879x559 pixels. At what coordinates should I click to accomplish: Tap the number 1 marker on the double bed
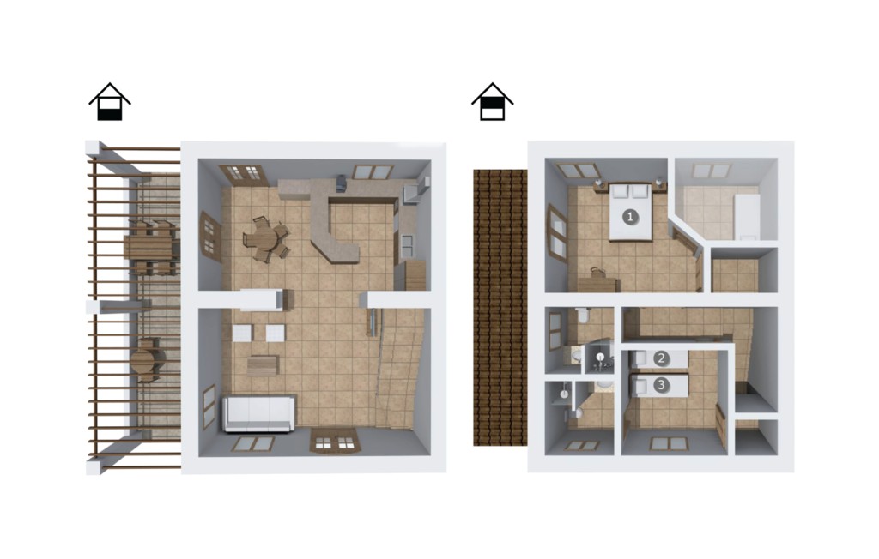[631, 217]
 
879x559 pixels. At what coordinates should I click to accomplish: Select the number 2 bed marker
[661, 358]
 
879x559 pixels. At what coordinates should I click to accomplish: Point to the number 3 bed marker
[662, 385]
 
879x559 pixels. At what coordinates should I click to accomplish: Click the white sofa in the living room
[259, 413]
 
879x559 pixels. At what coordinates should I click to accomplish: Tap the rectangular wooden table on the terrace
[150, 248]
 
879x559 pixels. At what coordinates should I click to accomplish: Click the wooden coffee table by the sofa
[263, 366]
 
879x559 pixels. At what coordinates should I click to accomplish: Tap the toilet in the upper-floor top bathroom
[583, 316]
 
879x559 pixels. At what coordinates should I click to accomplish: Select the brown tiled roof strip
[500, 308]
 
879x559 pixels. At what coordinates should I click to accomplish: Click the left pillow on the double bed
[620, 191]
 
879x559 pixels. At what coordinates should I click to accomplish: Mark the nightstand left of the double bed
[598, 186]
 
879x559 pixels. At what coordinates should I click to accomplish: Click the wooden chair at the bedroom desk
[596, 273]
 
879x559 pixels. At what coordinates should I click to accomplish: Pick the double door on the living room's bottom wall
[335, 442]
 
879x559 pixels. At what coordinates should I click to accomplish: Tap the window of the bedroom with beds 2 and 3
[669, 444]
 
